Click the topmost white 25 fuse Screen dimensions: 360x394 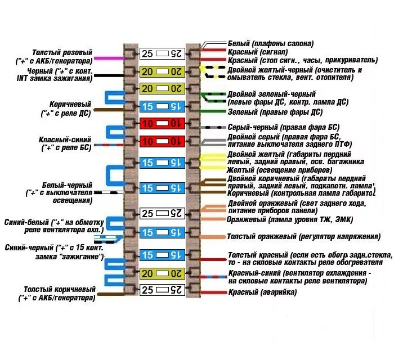coord(162,53)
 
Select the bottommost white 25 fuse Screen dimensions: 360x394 coord(162,290)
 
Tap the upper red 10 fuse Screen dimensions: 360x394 coord(162,123)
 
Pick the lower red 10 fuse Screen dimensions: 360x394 coord(162,141)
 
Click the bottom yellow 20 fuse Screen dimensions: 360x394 coord(162,273)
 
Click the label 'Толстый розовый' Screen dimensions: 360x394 coord(62,52)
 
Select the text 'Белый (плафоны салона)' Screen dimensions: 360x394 coord(271,43)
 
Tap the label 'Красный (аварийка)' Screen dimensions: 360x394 coord(262,292)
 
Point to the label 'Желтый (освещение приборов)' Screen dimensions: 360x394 coord(271,170)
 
